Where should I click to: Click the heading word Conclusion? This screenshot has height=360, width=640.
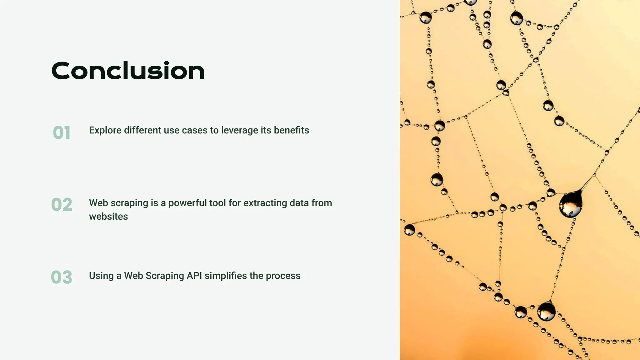(x=128, y=71)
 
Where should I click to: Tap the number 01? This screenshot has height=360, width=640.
(x=62, y=132)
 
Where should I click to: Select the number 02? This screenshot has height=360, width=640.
(x=62, y=205)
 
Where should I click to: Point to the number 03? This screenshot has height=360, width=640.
(x=62, y=277)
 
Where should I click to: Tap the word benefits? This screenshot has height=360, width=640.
(x=291, y=130)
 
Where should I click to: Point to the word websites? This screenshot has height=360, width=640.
(x=108, y=217)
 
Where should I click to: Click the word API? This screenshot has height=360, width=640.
(x=194, y=276)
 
